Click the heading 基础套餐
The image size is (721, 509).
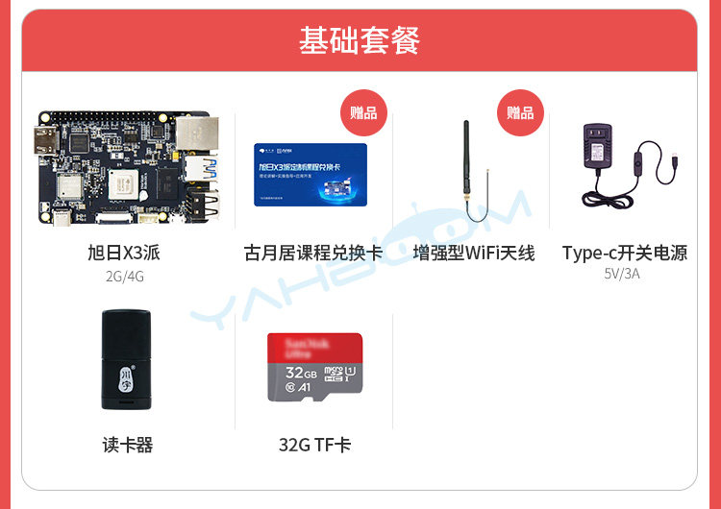point(360,41)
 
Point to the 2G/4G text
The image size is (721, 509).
point(125,277)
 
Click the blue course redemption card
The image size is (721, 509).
point(310,174)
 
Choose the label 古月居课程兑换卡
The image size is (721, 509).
point(313,254)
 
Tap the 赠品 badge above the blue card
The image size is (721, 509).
point(363,113)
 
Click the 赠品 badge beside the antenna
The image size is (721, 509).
point(520,113)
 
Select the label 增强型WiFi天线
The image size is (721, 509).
point(473,254)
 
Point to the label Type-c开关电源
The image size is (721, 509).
point(625,254)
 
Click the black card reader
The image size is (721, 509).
point(125,359)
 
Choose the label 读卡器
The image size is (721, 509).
point(128,446)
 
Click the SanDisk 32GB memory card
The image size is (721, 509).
point(314,368)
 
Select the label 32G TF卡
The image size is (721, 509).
point(314,446)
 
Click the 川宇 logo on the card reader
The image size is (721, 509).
point(126,376)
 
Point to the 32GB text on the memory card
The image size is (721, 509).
point(301,372)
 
